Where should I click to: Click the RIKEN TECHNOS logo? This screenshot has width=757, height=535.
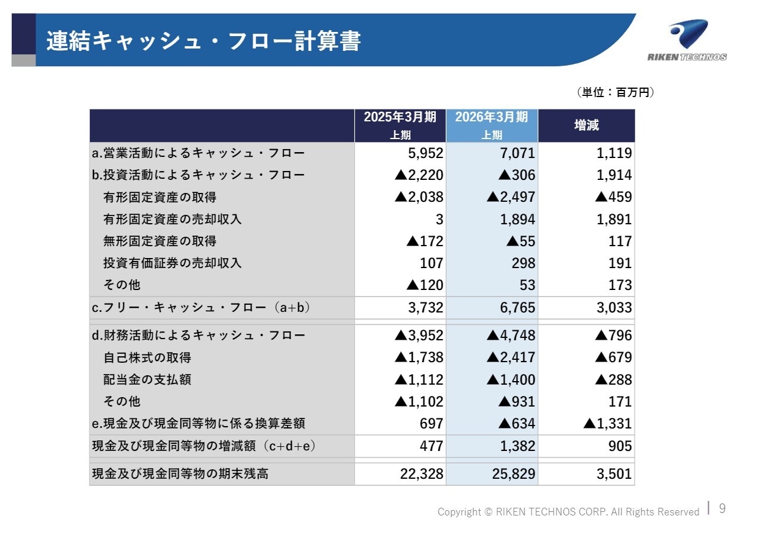point(687,41)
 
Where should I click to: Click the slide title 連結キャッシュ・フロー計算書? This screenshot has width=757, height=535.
point(203,41)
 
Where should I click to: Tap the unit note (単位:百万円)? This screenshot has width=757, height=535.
point(615,92)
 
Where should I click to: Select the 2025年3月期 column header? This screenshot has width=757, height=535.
point(400,125)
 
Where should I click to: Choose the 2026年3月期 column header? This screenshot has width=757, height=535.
point(491,125)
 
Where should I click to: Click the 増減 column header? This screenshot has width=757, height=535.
point(586,125)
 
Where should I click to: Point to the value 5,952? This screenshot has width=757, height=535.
point(425,153)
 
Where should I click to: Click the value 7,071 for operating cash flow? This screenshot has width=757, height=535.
point(517,153)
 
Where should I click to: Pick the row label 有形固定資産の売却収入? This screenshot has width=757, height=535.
point(172,219)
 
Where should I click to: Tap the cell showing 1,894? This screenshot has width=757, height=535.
point(517,220)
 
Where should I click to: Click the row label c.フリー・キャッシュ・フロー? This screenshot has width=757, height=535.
point(201,308)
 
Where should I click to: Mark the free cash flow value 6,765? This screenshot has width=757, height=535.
point(517,308)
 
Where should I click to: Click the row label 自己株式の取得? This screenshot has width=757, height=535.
point(147,357)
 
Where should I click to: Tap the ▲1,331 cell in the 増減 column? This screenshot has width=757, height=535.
point(607,424)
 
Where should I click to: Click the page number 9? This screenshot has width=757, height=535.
point(722,508)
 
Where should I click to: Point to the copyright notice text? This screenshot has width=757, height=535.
point(568,512)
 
